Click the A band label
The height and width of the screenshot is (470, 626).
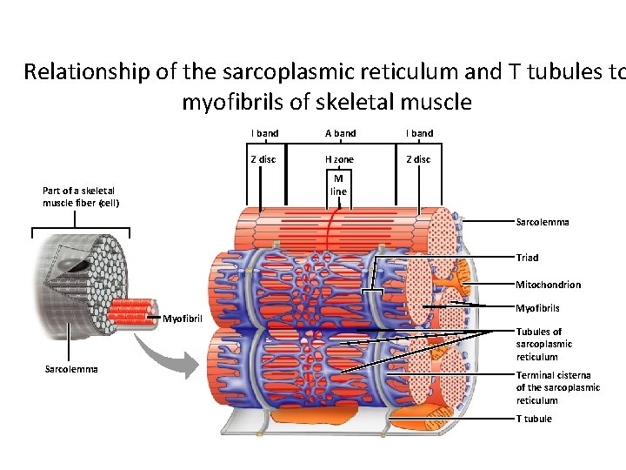pos(340,133)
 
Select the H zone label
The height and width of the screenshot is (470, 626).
pos(339,159)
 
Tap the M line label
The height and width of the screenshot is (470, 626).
pos(339,185)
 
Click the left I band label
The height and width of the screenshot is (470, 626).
pos(264,133)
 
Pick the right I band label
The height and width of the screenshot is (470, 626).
pos(419,133)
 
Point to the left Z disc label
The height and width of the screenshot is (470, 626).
pos(263,159)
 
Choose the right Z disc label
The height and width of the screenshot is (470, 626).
pos(419,159)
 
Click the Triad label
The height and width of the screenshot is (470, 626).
pos(527,258)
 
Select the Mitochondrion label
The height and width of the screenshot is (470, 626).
pos(548,285)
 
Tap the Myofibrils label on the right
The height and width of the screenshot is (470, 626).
pos(537,308)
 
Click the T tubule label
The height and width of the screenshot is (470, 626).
pos(534,419)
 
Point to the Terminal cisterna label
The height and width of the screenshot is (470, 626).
pos(557,387)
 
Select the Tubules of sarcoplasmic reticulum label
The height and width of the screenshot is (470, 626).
pos(544,344)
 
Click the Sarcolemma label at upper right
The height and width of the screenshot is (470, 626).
pos(543,222)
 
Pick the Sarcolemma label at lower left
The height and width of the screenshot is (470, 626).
pos(71,369)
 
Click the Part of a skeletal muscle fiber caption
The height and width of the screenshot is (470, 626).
pos(81,197)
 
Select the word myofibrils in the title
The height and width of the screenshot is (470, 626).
pos(232,102)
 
